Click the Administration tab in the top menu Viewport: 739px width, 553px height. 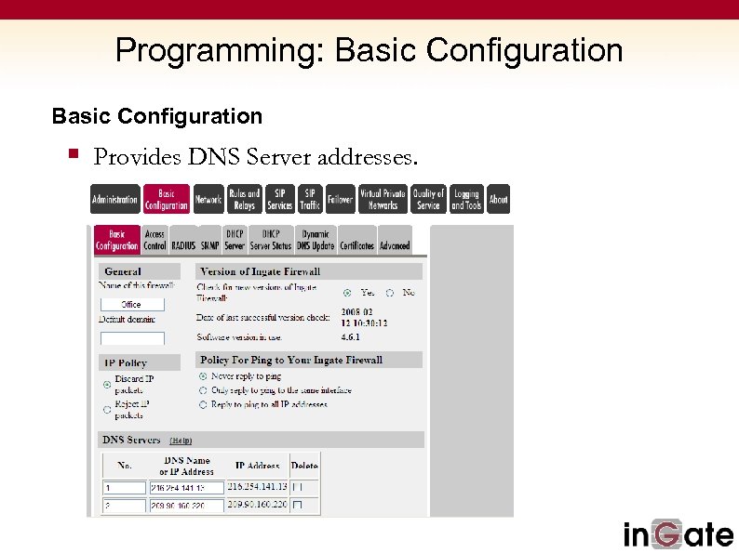pyautogui.click(x=114, y=200)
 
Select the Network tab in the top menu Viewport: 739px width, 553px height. pyautogui.click(x=208, y=200)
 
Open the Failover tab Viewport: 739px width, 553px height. pyautogui.click(x=340, y=200)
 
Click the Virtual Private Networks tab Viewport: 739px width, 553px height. pyautogui.click(x=383, y=200)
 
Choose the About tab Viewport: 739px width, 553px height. pyautogui.click(x=499, y=200)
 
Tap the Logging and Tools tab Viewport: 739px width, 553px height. pyautogui.click(x=466, y=200)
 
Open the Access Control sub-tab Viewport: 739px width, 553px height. pyautogui.click(x=155, y=240)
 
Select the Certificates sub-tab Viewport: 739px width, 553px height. pyautogui.click(x=356, y=246)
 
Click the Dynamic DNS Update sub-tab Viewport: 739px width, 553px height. pyautogui.click(x=316, y=240)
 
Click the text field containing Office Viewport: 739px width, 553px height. pyautogui.click(x=132, y=305)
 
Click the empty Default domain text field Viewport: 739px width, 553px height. pyautogui.click(x=132, y=338)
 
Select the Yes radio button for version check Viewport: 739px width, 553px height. pyautogui.click(x=347, y=293)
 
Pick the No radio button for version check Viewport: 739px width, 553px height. pyautogui.click(x=390, y=293)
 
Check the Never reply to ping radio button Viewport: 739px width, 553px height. pyautogui.click(x=203, y=376)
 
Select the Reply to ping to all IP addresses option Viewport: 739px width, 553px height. pyautogui.click(x=203, y=405)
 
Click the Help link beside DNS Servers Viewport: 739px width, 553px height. pyautogui.click(x=181, y=441)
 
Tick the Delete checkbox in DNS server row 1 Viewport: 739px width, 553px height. pyautogui.click(x=298, y=487)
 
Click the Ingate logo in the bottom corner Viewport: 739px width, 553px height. pyautogui.click(x=678, y=534)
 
